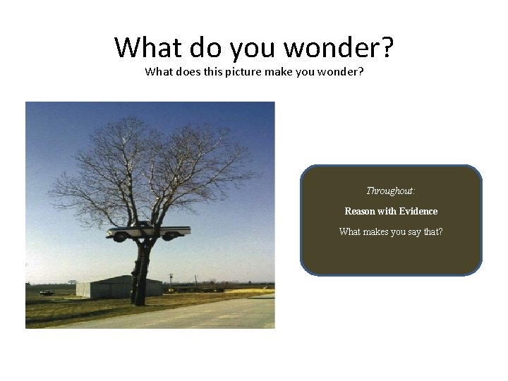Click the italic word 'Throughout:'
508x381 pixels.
390,190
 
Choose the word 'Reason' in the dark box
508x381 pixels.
361,211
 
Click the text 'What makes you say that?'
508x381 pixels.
390,231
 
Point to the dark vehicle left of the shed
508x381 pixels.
47,291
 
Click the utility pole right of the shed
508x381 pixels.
170,278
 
